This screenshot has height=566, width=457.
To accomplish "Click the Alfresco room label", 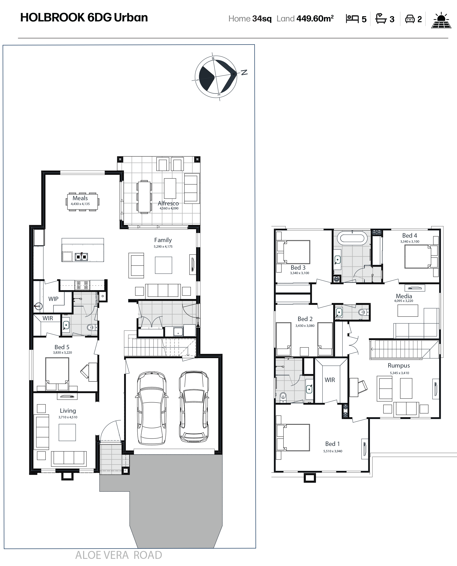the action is pyautogui.click(x=168, y=203).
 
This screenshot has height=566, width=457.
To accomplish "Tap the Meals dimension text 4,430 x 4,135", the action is pyautogui.click(x=80, y=204).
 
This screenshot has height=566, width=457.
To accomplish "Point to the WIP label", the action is pyautogui.click(x=53, y=299).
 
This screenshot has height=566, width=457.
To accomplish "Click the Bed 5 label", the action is pyautogui.click(x=62, y=347).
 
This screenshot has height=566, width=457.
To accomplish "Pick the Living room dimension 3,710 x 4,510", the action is pyautogui.click(x=68, y=417).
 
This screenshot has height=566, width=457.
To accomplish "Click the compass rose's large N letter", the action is pyautogui.click(x=244, y=72).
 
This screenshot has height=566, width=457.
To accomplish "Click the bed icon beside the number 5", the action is pyautogui.click(x=352, y=19).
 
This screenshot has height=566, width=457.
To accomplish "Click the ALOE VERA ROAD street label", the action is pyautogui.click(x=119, y=555).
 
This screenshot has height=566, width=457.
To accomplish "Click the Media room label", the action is pyautogui.click(x=404, y=296).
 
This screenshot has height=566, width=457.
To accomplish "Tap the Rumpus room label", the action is pyautogui.click(x=399, y=365).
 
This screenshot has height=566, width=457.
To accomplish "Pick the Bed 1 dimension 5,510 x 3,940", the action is pyautogui.click(x=333, y=451).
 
